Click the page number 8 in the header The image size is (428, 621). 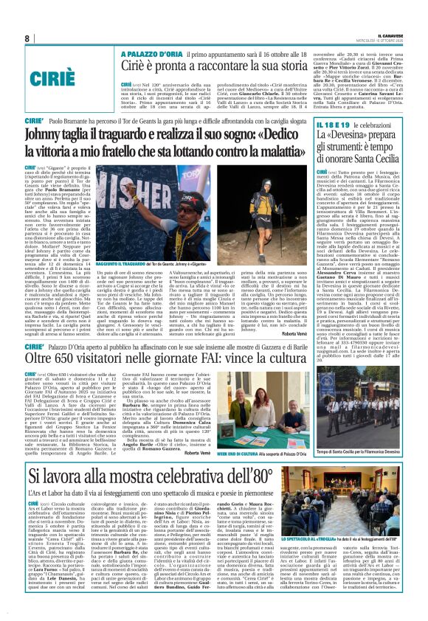tap(27, 38)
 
